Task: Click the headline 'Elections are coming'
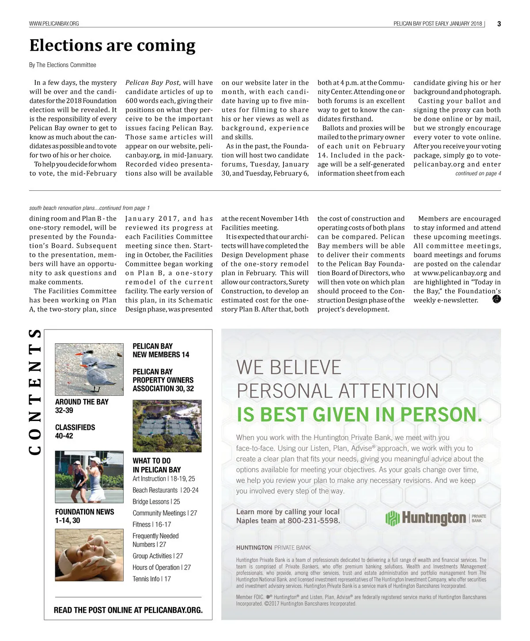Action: coord(112,46)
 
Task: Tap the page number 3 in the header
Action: coord(499,24)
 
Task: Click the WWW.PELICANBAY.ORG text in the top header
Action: coord(54,23)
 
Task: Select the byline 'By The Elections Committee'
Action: coord(63,65)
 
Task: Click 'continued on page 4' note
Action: coord(478,174)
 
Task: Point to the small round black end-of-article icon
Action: coord(496,300)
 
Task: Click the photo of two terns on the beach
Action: coord(89,369)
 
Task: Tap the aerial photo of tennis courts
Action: coord(167,426)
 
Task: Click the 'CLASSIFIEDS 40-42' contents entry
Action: coord(75,432)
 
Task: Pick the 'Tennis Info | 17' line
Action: coord(152,579)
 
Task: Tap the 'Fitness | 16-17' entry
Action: coord(152,524)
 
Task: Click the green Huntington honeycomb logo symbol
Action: coord(392,518)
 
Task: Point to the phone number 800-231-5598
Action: coord(314,521)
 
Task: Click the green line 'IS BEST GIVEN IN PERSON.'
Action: coord(359,415)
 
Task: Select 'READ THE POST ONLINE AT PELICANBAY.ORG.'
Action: coord(128,610)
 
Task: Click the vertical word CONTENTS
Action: coord(35,392)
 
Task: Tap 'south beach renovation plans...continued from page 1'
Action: coord(89,208)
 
